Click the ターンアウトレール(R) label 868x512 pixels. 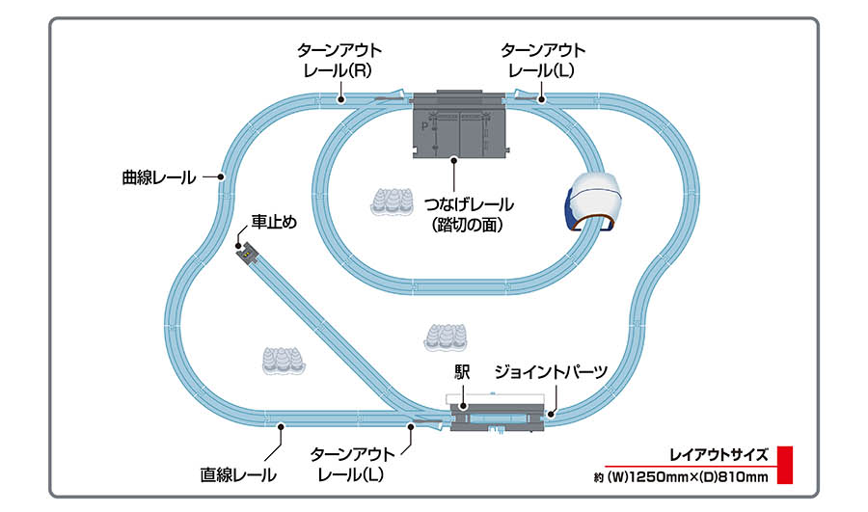click(340, 59)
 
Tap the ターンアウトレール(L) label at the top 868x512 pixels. click(543, 59)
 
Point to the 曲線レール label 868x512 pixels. click(158, 177)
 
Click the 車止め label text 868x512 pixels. click(273, 222)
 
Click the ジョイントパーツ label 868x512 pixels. click(552, 371)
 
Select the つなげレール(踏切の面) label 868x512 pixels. click(468, 215)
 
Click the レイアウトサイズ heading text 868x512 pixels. click(719, 455)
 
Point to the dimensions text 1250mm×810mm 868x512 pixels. click(680, 475)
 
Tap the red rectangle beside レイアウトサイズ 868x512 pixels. click(784, 464)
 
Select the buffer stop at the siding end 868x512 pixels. click(249, 253)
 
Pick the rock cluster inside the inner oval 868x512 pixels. click(393, 201)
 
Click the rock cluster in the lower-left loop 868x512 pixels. click(280, 360)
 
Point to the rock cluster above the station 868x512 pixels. click(446, 337)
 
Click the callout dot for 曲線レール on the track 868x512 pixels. click(222, 177)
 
